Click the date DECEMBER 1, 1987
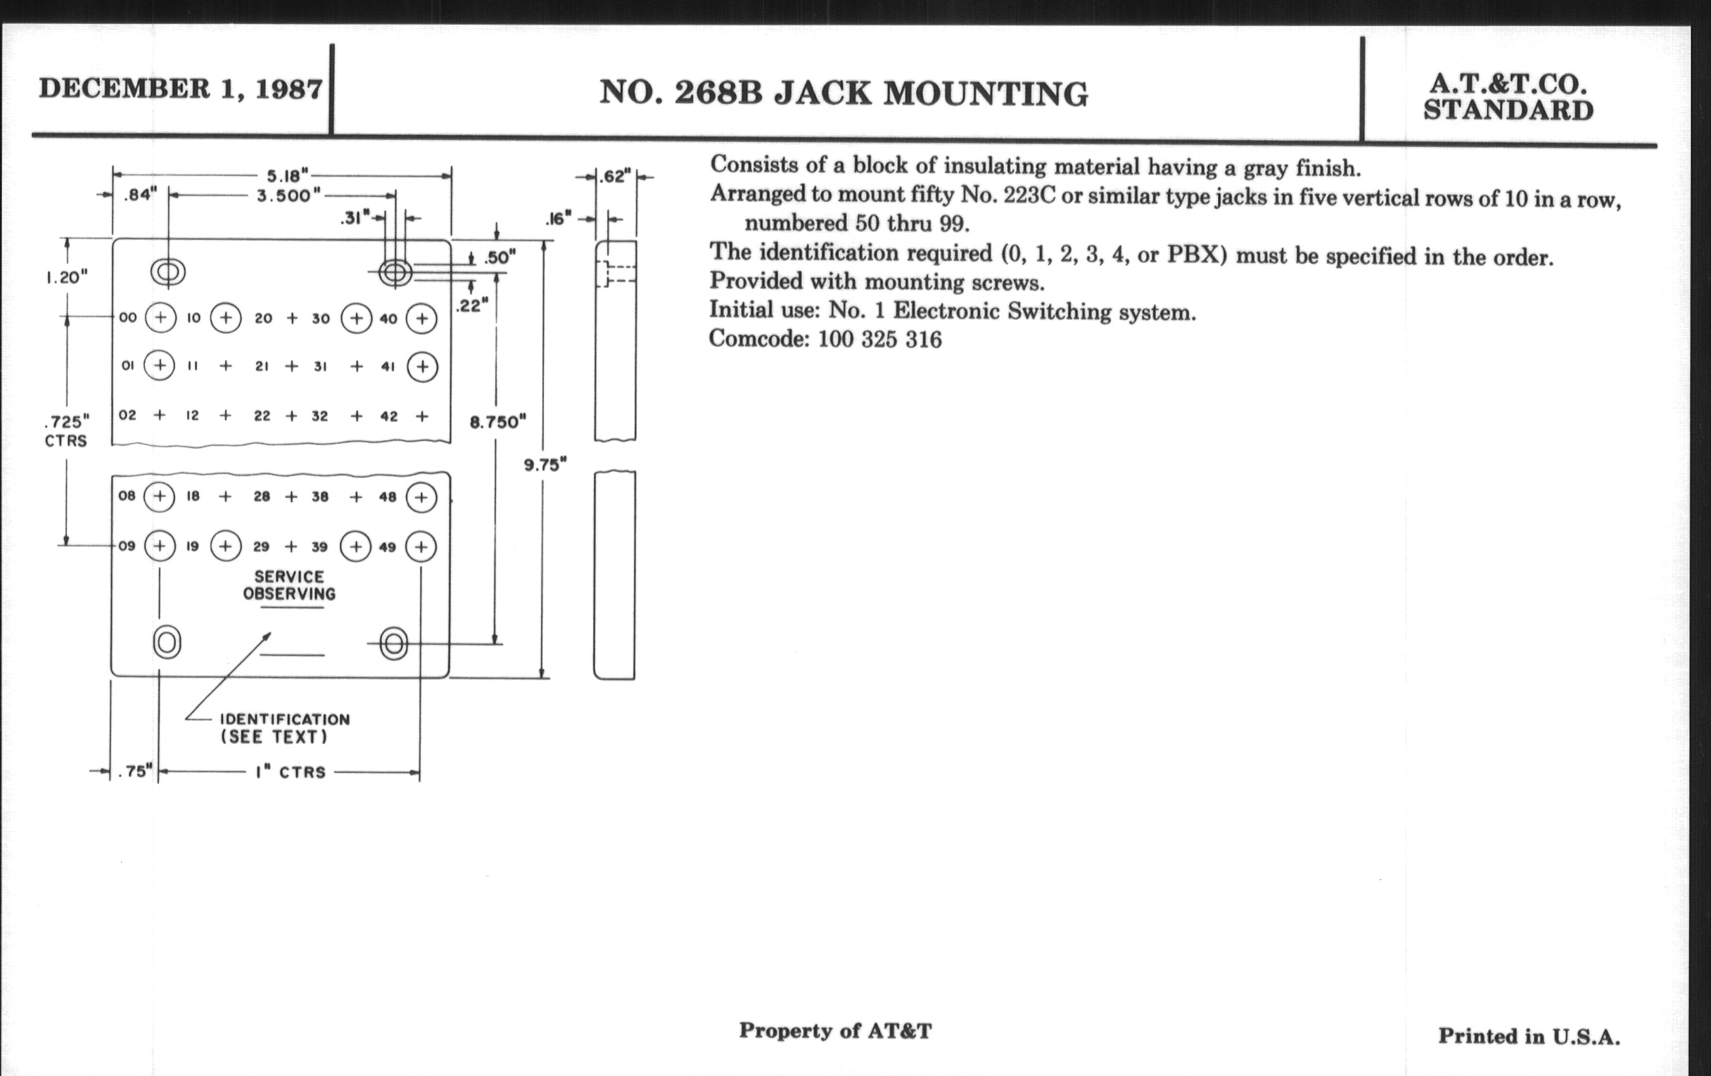pyautogui.click(x=181, y=89)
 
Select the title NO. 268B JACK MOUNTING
pyautogui.click(x=844, y=93)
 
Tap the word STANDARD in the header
pyautogui.click(x=1508, y=112)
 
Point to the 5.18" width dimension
pyautogui.click(x=288, y=174)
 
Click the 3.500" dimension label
pyautogui.click(x=288, y=196)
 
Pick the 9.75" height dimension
pyautogui.click(x=545, y=464)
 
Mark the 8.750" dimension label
pyautogui.click(x=497, y=422)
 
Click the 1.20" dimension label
pyautogui.click(x=67, y=277)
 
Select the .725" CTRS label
pyautogui.click(x=66, y=430)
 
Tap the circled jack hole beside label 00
pyautogui.click(x=160, y=317)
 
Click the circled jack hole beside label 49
pyautogui.click(x=421, y=546)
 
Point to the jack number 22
pyautogui.click(x=262, y=416)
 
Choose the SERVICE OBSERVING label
pyautogui.click(x=289, y=585)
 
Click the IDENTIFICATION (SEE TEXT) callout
pyautogui.click(x=284, y=728)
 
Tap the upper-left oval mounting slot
pyautogui.click(x=168, y=271)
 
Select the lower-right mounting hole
pyautogui.click(x=394, y=643)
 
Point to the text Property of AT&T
pyautogui.click(x=835, y=1030)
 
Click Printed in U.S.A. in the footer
pyautogui.click(x=1529, y=1036)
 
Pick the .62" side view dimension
pyautogui.click(x=615, y=176)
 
